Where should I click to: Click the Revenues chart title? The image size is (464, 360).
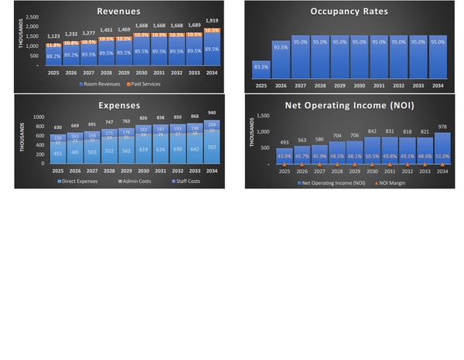[x=118, y=12]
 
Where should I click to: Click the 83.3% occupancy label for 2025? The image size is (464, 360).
[x=261, y=67]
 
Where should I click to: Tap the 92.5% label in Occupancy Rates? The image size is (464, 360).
[x=281, y=46]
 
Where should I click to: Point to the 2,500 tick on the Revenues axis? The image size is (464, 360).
[x=32, y=17]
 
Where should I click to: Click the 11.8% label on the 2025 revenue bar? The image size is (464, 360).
[x=53, y=45]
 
